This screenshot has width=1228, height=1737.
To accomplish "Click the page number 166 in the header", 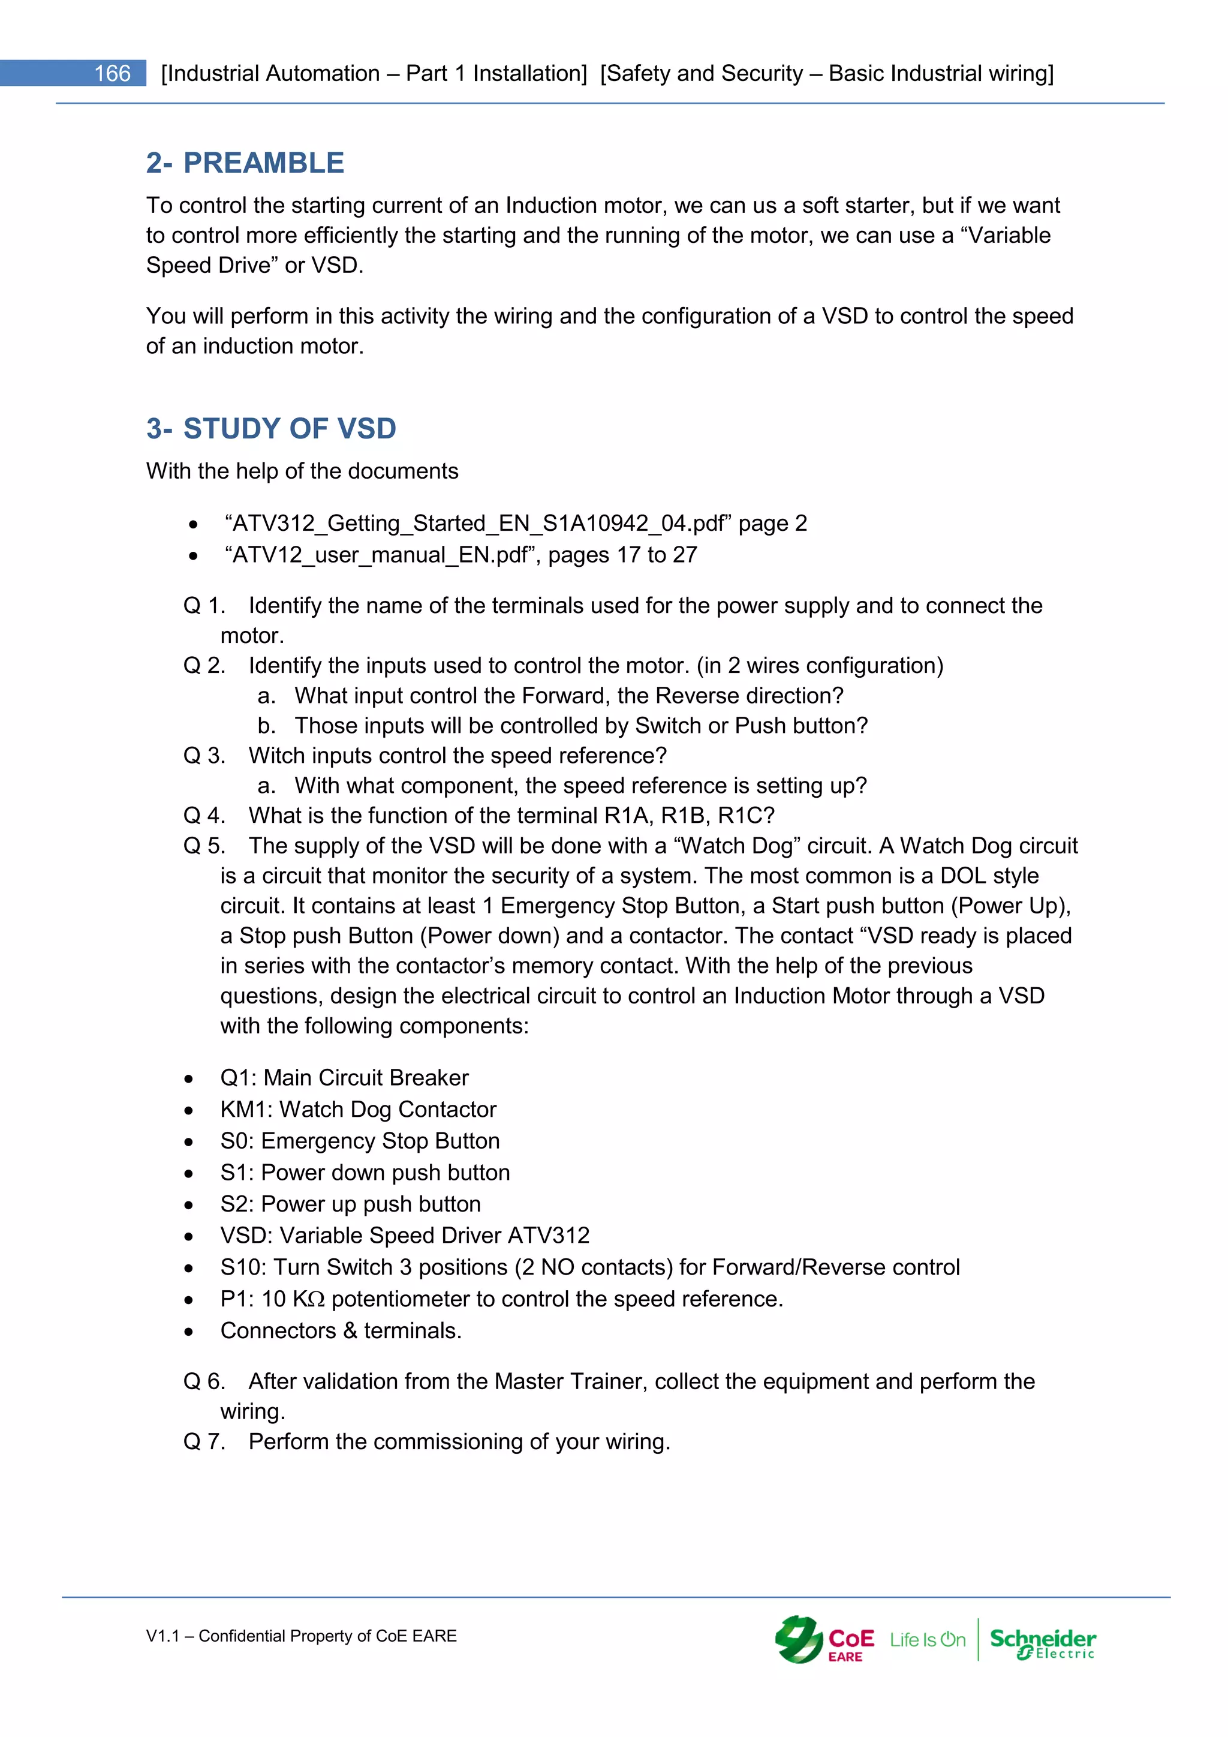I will pyautogui.click(x=112, y=73).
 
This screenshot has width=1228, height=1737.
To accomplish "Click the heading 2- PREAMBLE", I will pyautogui.click(x=245, y=163).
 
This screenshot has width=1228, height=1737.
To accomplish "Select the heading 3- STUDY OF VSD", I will pyautogui.click(x=270, y=428).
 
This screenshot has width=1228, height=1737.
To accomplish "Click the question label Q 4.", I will pyautogui.click(x=204, y=816).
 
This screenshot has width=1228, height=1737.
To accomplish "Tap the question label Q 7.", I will pyautogui.click(x=204, y=1442).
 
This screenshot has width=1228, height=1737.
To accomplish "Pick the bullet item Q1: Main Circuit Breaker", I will pyautogui.click(x=344, y=1078).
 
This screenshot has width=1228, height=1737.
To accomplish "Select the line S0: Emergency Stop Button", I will pyautogui.click(x=359, y=1141).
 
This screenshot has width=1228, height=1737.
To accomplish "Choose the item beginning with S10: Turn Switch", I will pyautogui.click(x=590, y=1267).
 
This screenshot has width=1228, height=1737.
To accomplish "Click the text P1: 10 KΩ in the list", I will pyautogui.click(x=272, y=1299).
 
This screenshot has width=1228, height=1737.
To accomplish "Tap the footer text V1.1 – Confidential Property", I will pyautogui.click(x=301, y=1636).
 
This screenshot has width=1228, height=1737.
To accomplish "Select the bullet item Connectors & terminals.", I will pyautogui.click(x=340, y=1331).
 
